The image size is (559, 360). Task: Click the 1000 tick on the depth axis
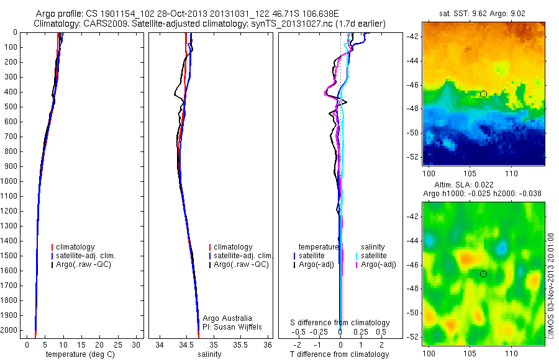coord(11,181)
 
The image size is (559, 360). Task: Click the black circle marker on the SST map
coord(484,94)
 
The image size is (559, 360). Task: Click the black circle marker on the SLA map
coord(484,274)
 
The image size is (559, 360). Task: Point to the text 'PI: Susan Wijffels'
coord(232,326)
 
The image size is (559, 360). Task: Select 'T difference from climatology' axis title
coord(339,354)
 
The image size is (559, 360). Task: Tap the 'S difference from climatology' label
coord(340,323)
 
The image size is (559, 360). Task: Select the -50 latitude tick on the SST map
coord(412,133)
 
